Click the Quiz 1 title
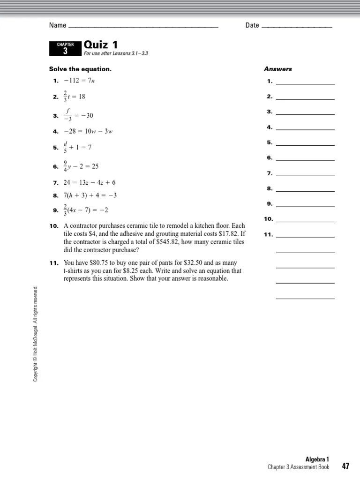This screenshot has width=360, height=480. (x=100, y=45)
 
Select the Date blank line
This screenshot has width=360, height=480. (x=296, y=27)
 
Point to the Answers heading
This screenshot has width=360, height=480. (x=277, y=69)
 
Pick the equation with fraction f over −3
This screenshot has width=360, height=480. (x=79, y=115)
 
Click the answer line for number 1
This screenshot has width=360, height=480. (x=305, y=83)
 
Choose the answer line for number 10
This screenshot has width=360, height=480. (x=305, y=221)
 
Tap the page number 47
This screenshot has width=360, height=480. (x=345, y=466)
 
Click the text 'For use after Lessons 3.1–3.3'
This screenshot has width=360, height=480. (x=116, y=53)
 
